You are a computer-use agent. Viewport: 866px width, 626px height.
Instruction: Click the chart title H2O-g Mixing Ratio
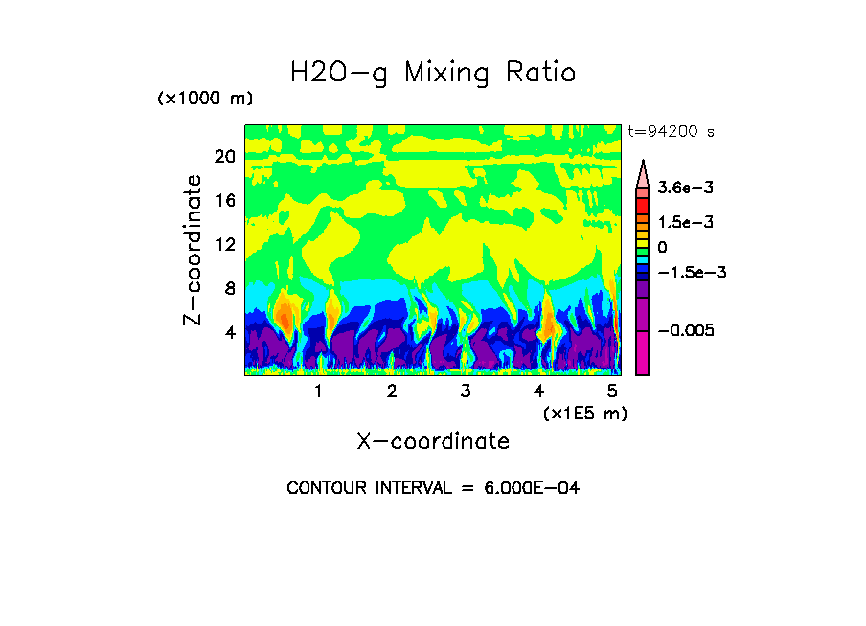433,73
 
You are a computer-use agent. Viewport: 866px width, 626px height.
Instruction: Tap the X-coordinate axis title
433,441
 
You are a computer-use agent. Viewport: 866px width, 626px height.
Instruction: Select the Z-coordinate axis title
193,250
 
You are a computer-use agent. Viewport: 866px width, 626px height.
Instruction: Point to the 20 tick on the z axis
224,156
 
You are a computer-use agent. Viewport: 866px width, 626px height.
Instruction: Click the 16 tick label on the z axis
224,200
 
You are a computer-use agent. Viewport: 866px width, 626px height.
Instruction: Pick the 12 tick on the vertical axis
224,244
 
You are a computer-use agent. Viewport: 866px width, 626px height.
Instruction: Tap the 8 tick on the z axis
228,288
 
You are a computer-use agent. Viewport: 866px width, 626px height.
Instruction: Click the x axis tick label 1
318,391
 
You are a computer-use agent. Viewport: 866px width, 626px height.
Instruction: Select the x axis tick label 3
466,391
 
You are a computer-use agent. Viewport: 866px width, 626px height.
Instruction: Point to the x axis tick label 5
612,391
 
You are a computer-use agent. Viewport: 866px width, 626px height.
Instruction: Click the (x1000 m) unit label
205,100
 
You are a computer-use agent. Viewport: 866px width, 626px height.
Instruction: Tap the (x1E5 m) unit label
584,413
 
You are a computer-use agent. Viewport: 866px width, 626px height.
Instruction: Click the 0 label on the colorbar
662,248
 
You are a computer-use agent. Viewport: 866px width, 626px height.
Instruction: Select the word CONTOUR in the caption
322,488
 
